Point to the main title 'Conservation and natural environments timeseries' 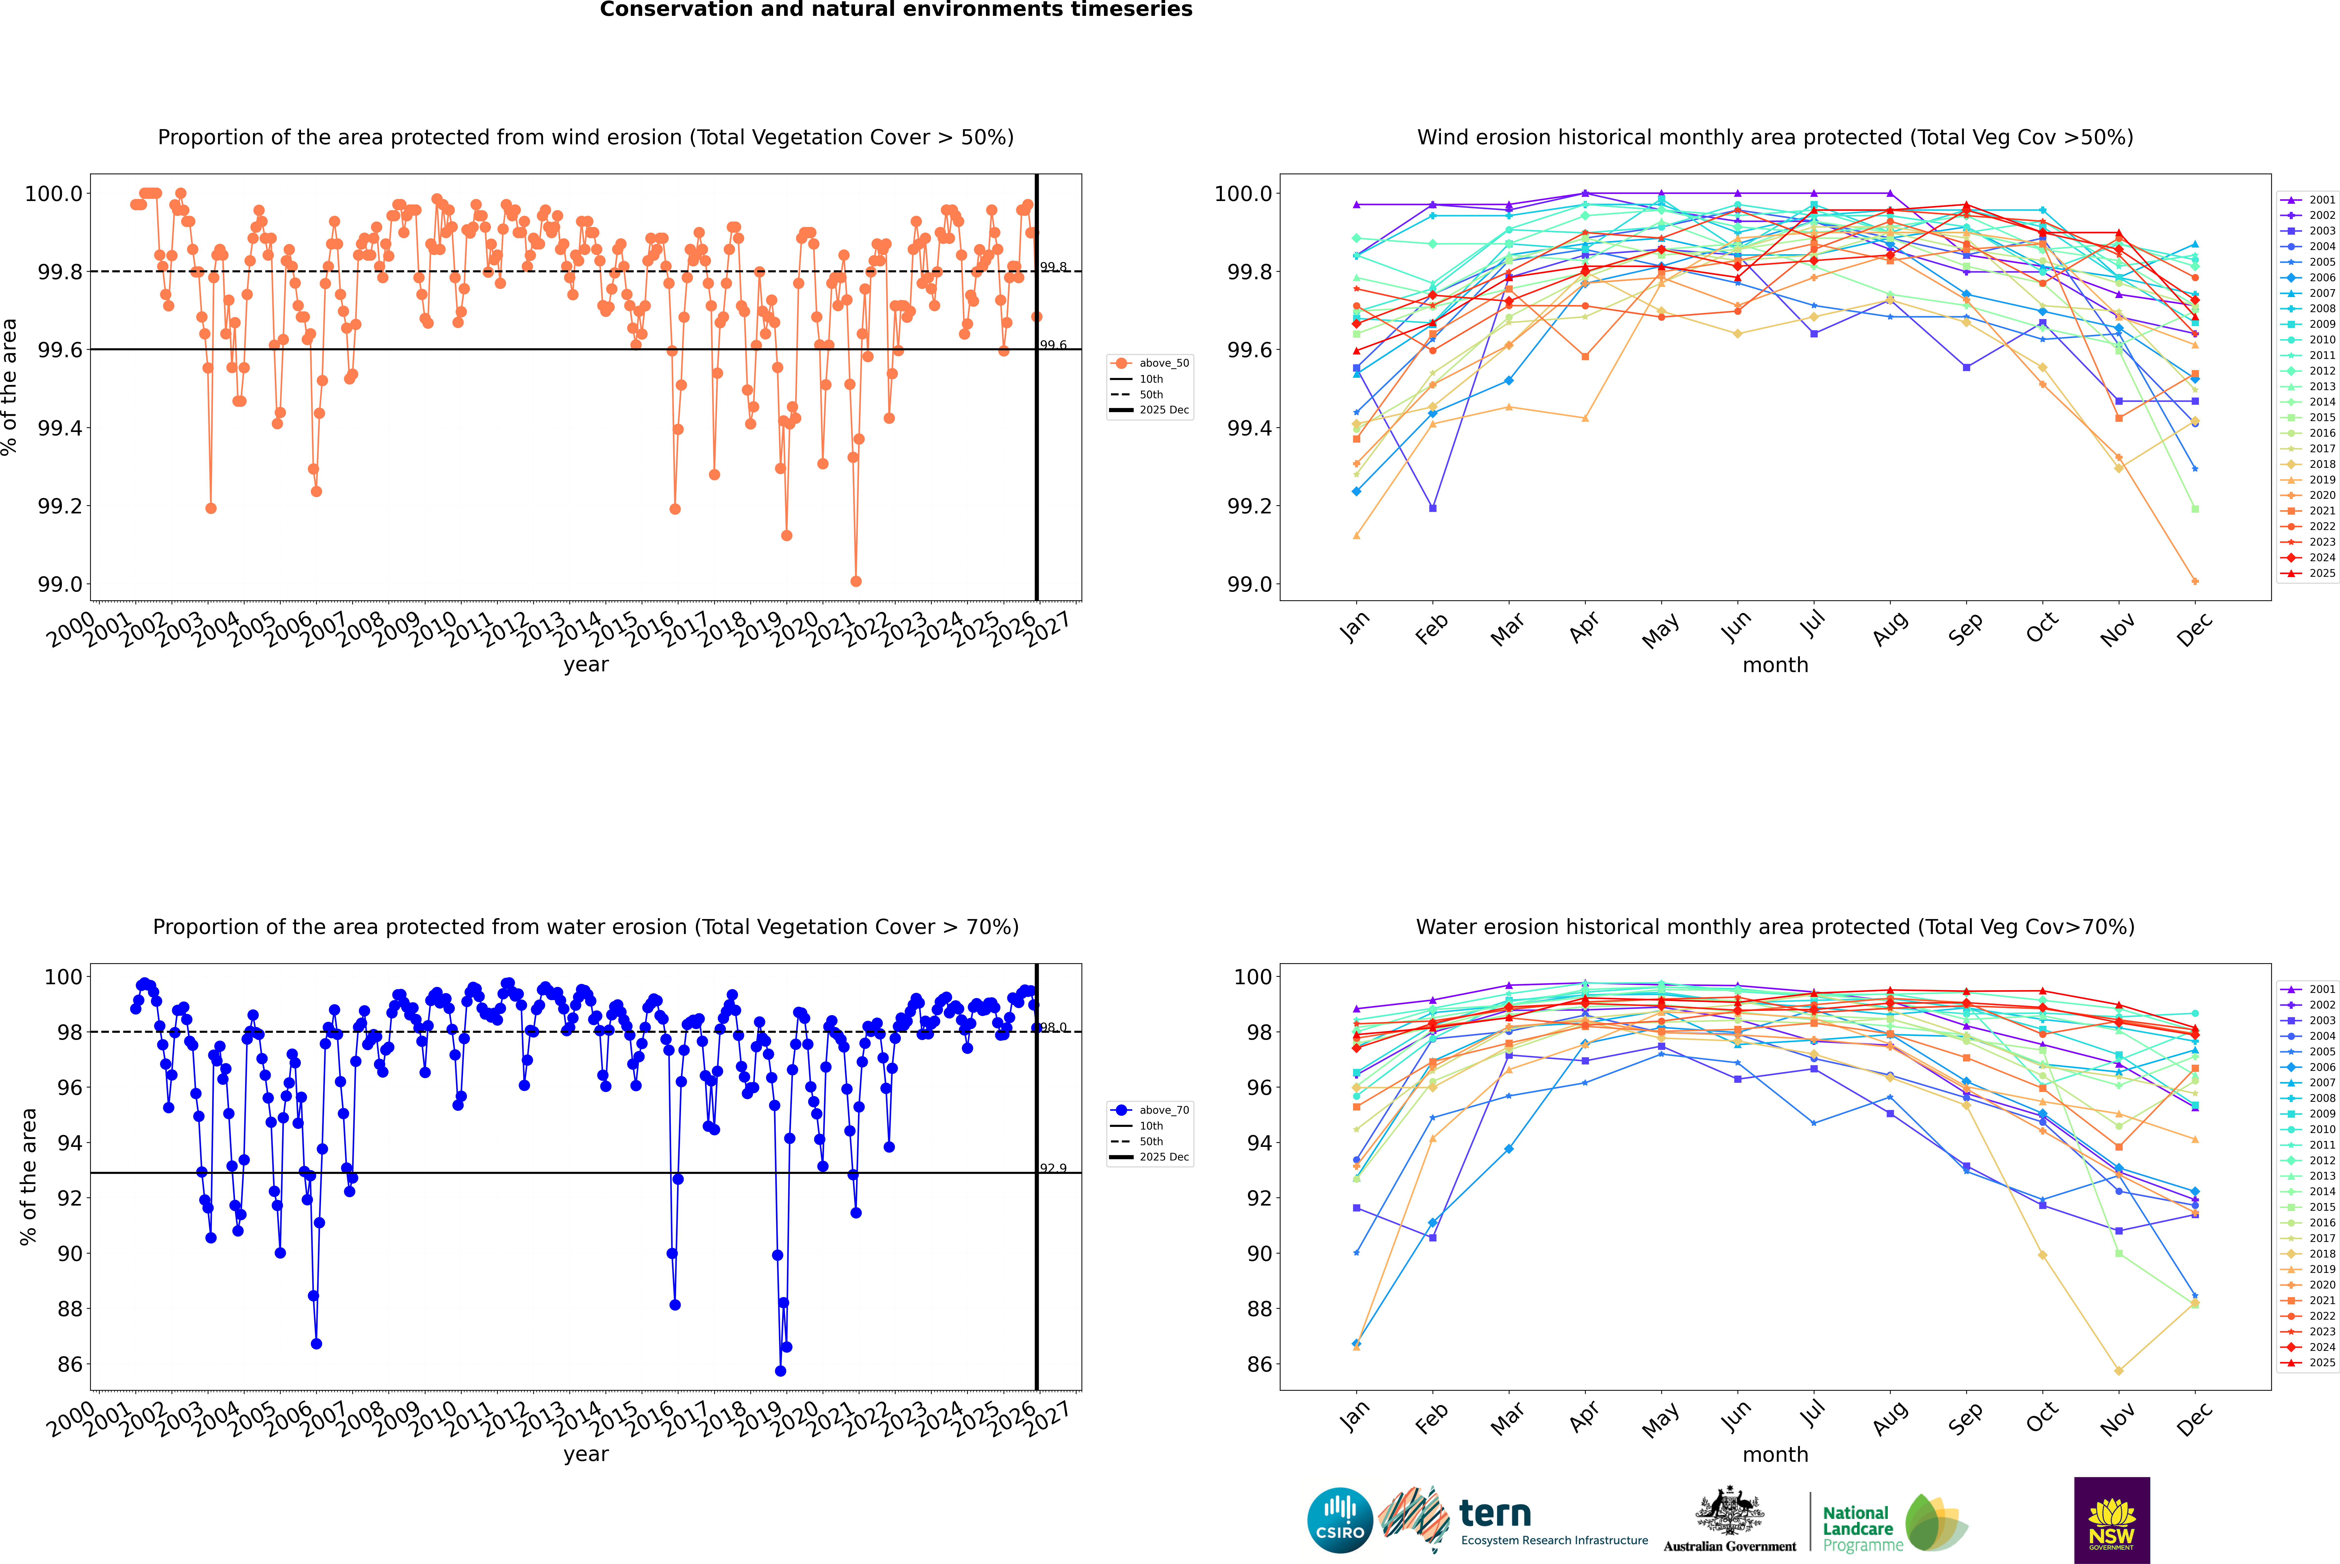coord(896,10)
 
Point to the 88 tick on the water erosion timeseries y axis coord(70,1309)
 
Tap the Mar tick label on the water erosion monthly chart coord(1507,1417)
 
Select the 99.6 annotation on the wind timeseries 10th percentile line coord(1053,345)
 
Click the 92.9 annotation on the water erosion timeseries coord(1053,1168)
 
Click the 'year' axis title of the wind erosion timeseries coord(585,664)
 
